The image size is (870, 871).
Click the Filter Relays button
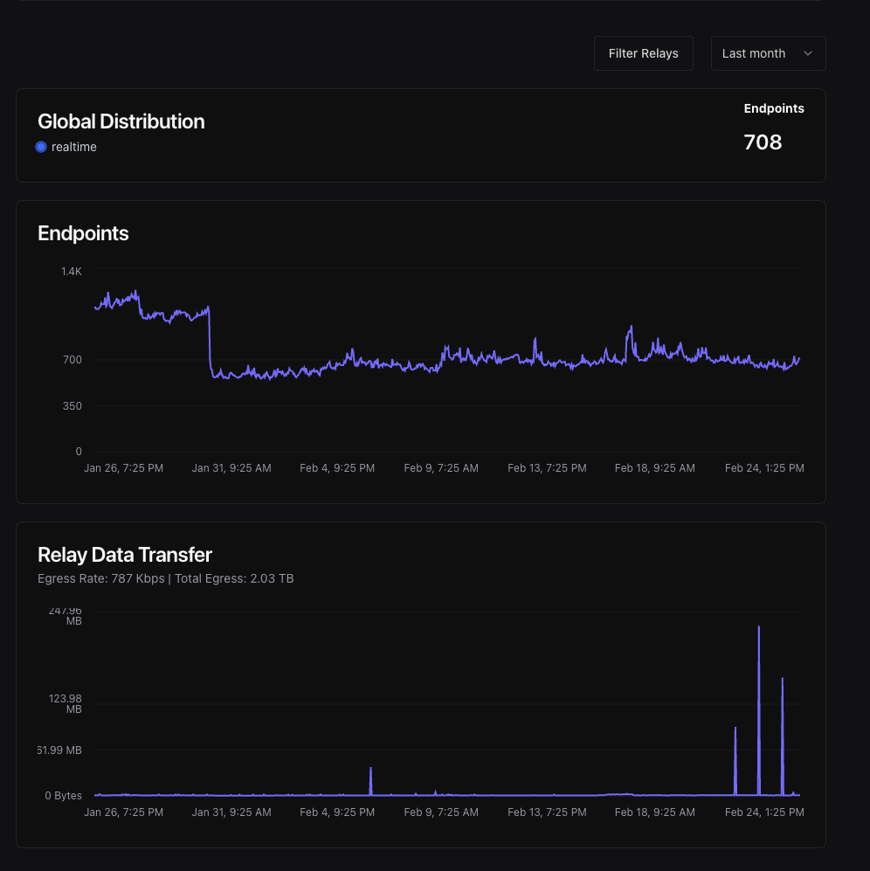(643, 53)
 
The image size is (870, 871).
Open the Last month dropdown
(768, 53)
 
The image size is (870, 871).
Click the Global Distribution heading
(121, 121)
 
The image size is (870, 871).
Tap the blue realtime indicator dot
(41, 147)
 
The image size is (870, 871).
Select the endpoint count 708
(763, 142)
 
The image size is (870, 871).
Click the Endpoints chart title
(83, 233)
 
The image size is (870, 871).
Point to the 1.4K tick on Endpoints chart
(71, 272)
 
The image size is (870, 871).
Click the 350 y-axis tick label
(72, 405)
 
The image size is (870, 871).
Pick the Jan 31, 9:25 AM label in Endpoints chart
(231, 468)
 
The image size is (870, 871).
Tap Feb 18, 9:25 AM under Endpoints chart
(654, 468)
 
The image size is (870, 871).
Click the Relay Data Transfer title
(125, 555)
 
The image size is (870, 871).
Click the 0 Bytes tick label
(63, 796)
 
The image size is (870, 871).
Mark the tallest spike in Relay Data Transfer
(759, 627)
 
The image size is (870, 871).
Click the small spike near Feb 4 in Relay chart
(371, 770)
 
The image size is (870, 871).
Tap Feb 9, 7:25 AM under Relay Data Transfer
(441, 812)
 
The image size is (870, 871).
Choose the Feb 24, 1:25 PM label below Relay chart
(764, 812)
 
